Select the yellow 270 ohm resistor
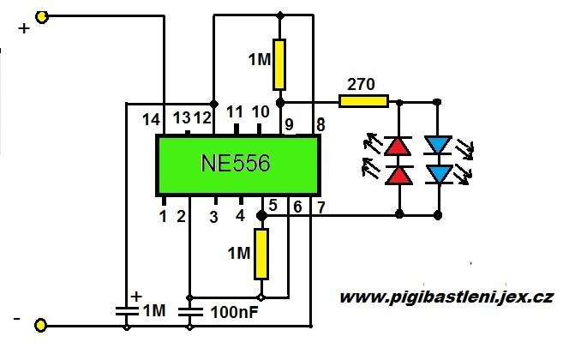(364, 101)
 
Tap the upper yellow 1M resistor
(279, 65)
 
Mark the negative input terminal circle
(41, 325)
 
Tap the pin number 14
(151, 119)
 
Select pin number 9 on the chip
(289, 125)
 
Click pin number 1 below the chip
(162, 216)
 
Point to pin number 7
(320, 207)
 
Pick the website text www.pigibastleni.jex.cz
(446, 297)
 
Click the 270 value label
(360, 85)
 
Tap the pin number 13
(182, 117)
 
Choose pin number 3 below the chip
(214, 217)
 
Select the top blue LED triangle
(439, 146)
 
